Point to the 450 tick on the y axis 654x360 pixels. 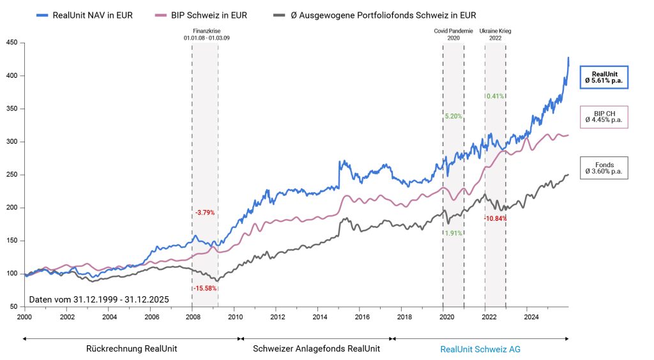pos(12,43)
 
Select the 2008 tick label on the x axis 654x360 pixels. pos(192,316)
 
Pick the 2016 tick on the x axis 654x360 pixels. pos(361,316)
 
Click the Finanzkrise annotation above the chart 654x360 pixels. pos(206,34)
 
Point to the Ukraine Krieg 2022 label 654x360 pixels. pos(495,34)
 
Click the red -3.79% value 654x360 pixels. pos(205,212)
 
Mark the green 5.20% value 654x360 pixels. pos(453,116)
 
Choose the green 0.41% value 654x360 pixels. pos(495,96)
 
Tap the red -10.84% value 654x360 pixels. pos(495,218)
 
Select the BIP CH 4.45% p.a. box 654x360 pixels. pos(604,116)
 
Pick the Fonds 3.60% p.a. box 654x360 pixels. pos(604,167)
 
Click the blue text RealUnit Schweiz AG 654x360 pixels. pos(480,349)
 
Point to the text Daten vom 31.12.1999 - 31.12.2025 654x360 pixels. pos(99,299)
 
